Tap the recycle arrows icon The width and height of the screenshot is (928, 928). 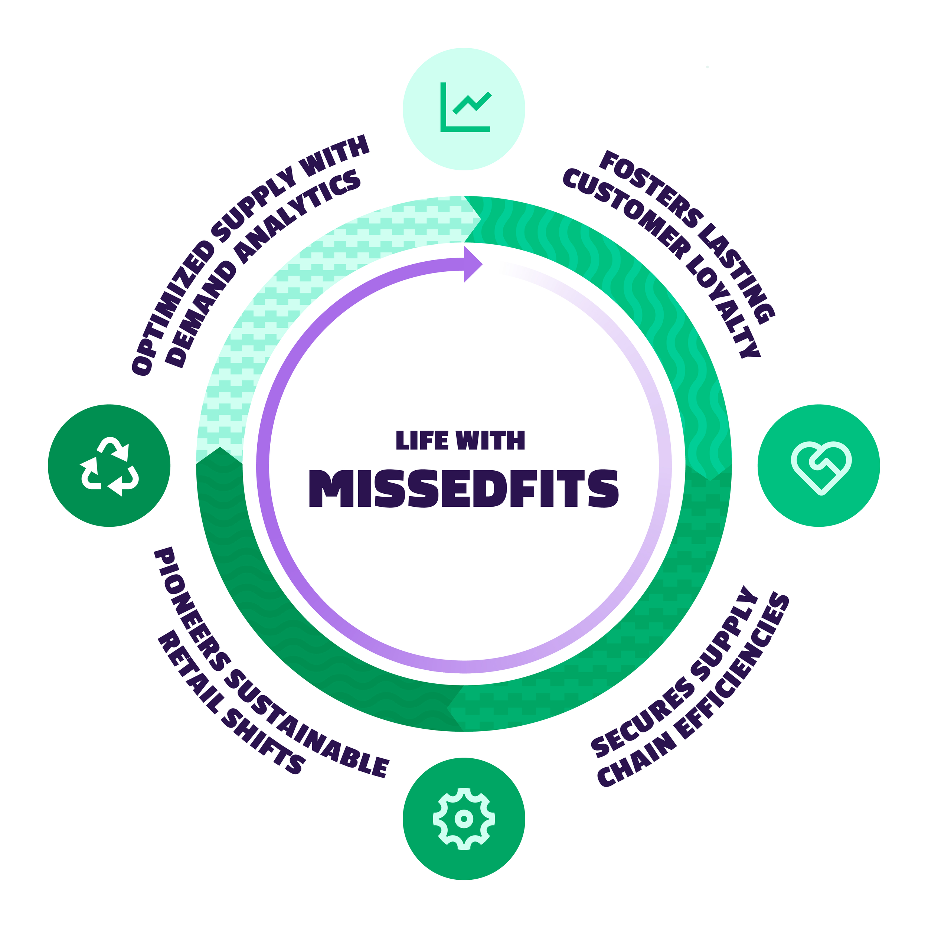point(109,465)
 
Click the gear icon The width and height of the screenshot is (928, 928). point(464,818)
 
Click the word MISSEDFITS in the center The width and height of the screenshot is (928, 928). point(464,488)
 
